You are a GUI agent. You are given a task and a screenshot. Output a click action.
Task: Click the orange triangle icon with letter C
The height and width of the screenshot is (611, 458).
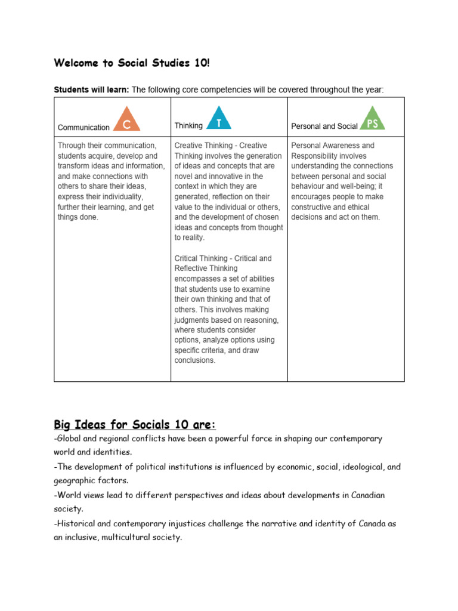[x=126, y=120]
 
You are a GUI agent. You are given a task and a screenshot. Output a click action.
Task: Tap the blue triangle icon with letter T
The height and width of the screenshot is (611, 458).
[x=219, y=119]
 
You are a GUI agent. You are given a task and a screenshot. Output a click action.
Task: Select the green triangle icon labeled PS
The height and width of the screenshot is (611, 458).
[x=373, y=119]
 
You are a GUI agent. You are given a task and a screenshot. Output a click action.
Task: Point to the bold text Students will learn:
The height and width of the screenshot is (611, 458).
[x=91, y=90]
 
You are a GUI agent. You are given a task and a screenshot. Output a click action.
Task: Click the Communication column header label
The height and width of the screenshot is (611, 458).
[x=83, y=127]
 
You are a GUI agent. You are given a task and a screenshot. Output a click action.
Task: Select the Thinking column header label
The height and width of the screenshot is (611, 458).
[x=188, y=125]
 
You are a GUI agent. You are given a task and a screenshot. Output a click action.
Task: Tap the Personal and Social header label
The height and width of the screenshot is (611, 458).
[x=324, y=126]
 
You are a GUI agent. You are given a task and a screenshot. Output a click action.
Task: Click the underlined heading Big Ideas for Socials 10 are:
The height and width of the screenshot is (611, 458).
[x=135, y=425]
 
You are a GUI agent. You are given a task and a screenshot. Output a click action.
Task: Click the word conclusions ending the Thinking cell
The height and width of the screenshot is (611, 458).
[x=194, y=360]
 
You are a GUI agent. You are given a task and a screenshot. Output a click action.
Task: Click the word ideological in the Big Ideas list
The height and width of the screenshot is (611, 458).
[x=351, y=466]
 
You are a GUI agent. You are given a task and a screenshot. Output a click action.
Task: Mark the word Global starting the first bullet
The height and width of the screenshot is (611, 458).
[x=69, y=438]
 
